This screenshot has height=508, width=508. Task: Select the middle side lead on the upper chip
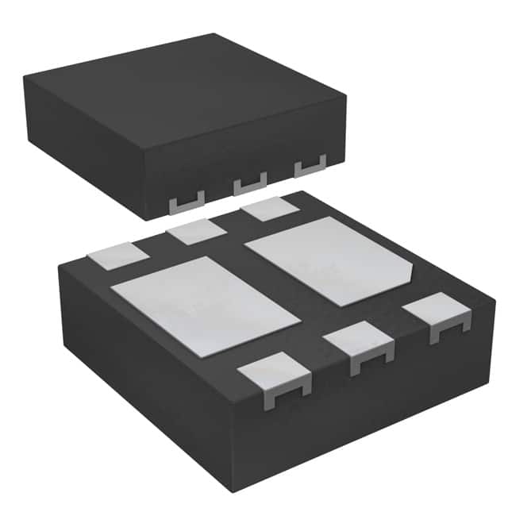249,185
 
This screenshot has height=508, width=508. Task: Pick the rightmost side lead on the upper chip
310,168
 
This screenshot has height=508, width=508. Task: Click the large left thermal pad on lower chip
205,305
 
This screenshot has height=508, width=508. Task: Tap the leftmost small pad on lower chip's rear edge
117,256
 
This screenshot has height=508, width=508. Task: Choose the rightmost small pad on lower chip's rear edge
270,210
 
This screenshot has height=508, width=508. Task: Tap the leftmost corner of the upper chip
24,78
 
